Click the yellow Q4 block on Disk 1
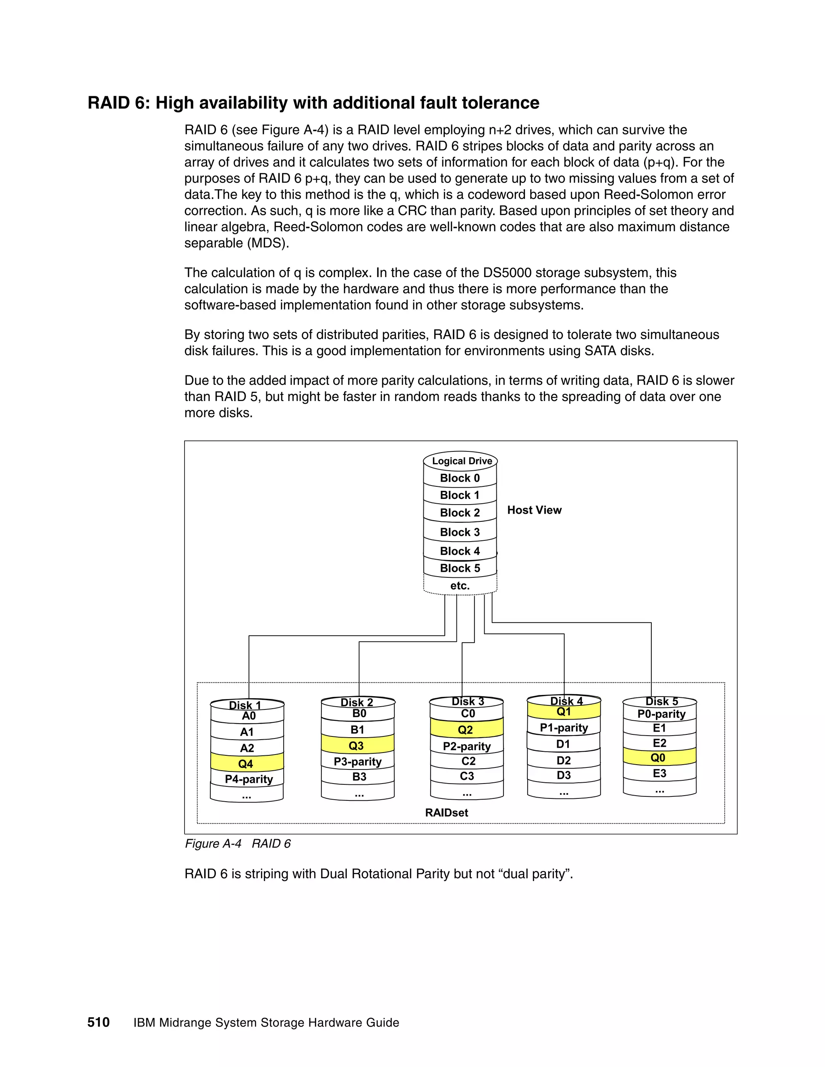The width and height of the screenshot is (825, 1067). pyautogui.click(x=246, y=763)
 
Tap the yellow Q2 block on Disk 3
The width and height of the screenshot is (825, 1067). pyautogui.click(x=466, y=730)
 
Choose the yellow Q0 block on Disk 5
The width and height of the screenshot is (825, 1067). pyautogui.click(x=658, y=758)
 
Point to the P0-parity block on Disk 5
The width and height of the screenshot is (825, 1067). pyautogui.click(x=661, y=714)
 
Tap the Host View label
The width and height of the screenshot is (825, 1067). pyautogui.click(x=534, y=510)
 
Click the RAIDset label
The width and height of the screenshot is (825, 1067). pyautogui.click(x=446, y=813)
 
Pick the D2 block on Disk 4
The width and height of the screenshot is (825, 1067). pyautogui.click(x=564, y=760)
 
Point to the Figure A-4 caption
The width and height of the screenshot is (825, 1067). pyautogui.click(x=238, y=844)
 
